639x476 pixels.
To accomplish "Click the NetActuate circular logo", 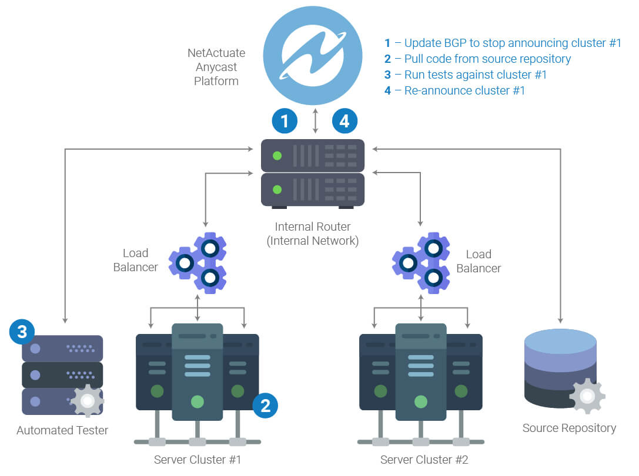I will click(312, 55).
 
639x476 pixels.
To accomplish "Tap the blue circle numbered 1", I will click(285, 121).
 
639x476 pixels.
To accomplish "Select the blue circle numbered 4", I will click(344, 121).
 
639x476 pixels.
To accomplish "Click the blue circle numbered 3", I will click(22, 332).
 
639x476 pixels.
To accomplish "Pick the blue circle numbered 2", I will click(265, 405).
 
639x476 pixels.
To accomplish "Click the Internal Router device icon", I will click(313, 173).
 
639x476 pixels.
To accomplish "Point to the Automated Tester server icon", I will click(62, 374).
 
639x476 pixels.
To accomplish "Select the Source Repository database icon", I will click(560, 368).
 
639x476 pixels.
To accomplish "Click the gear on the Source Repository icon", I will click(587, 396).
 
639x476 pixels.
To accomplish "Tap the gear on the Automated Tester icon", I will click(88, 401).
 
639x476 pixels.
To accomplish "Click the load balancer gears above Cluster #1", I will click(198, 262).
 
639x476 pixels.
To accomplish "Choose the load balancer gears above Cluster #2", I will click(421, 262).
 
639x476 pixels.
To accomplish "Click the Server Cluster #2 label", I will click(424, 459).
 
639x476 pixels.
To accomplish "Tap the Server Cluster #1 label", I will click(198, 459).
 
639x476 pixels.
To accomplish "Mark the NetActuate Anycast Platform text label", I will click(216, 67).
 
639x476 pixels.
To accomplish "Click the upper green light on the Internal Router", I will click(277, 156).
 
